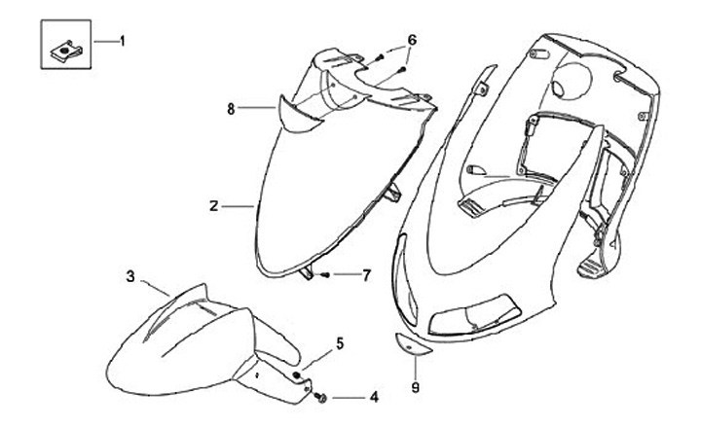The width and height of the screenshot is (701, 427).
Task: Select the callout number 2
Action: click(212, 206)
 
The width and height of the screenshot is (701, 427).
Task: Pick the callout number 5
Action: click(340, 342)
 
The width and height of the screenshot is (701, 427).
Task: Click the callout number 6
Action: click(411, 40)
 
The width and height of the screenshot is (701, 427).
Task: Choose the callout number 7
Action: click(366, 275)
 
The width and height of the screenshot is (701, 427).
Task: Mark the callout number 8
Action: click(231, 110)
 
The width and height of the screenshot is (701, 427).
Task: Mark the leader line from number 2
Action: click(238, 206)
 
